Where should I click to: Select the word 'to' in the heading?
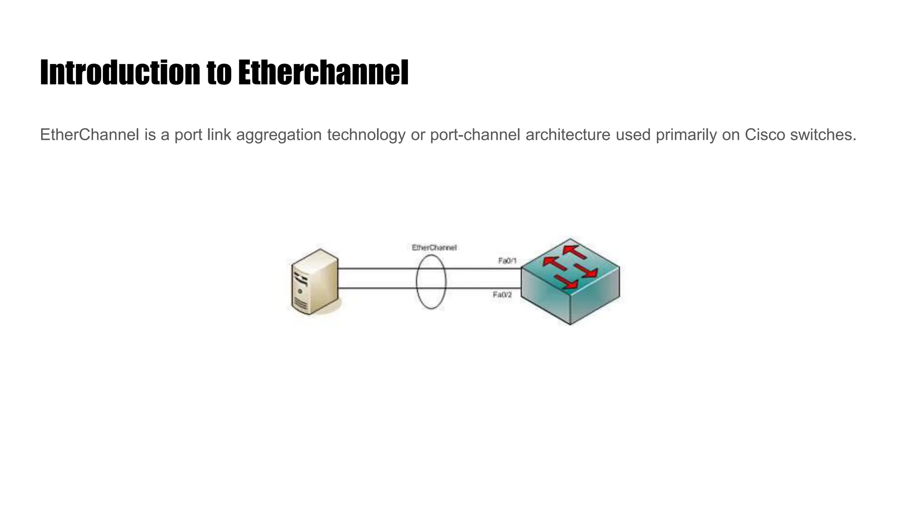point(219,73)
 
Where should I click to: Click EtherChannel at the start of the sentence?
point(90,135)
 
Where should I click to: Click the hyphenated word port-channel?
point(475,135)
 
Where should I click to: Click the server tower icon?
point(315,282)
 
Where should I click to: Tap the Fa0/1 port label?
point(507,261)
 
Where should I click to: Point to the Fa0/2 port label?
point(502,295)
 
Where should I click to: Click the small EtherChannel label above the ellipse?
point(434,247)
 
